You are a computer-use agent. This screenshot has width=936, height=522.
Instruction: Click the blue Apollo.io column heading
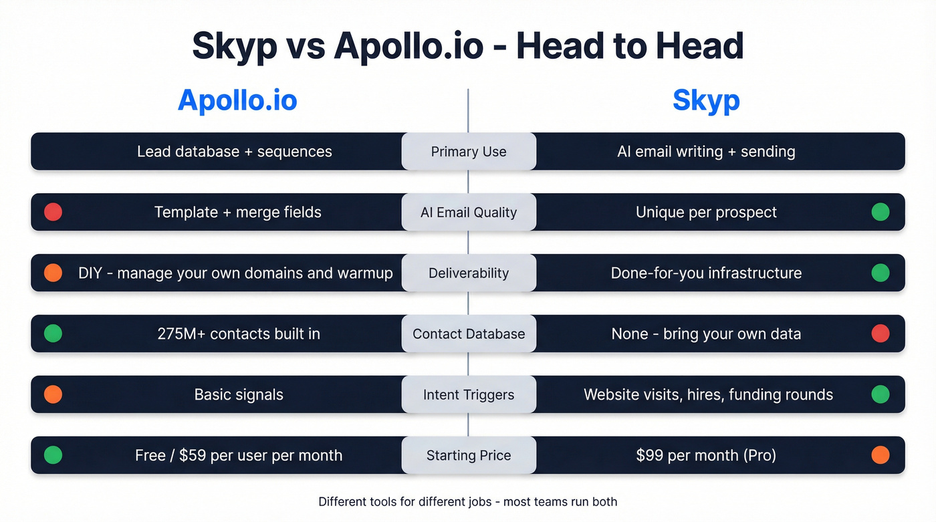237,100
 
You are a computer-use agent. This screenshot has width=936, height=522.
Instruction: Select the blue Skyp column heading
706,100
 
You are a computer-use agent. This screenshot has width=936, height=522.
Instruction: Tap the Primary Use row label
469,152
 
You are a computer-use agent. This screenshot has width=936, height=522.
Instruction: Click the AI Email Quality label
469,213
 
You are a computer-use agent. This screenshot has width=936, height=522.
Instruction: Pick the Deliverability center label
469,273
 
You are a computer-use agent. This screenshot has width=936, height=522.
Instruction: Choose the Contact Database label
469,334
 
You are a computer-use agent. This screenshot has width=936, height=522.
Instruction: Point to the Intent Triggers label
469,394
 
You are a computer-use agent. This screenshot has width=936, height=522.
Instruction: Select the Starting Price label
469,455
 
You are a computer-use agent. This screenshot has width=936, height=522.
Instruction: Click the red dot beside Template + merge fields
53,213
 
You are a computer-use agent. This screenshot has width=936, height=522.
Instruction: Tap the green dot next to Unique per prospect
881,213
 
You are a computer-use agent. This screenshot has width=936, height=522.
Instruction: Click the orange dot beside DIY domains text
53,273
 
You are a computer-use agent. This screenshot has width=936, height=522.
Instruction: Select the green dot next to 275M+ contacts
53,334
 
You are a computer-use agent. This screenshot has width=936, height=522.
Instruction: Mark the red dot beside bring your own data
881,334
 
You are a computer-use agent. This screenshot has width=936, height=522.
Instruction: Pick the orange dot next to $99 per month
881,455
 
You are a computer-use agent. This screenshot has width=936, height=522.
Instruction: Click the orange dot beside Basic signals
53,394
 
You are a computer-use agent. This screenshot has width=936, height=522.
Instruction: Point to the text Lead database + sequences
235,152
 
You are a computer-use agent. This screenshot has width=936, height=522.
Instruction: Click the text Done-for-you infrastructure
706,273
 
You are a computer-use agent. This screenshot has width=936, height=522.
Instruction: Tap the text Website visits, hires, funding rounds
708,394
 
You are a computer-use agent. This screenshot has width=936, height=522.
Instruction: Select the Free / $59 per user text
239,455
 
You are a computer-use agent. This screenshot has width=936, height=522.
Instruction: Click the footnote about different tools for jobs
468,501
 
